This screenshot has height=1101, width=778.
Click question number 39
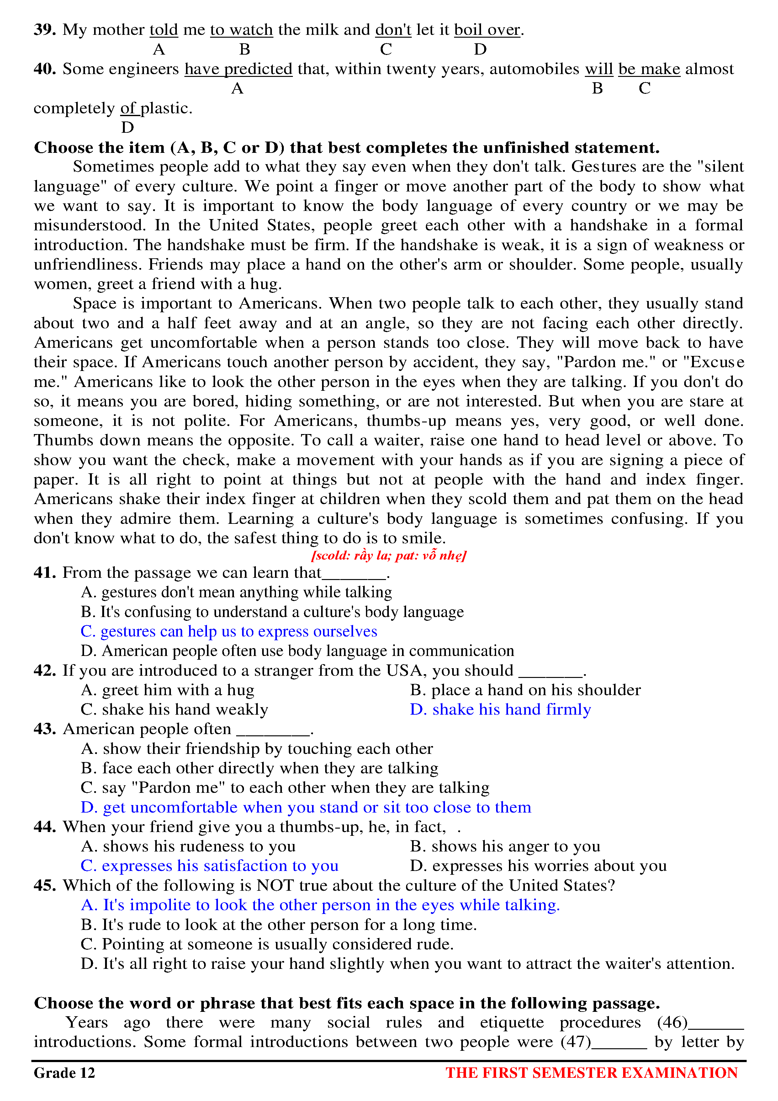44,30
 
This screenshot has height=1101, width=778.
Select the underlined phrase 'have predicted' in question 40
238,69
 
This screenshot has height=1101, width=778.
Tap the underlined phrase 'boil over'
487,30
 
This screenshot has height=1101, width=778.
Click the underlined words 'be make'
649,69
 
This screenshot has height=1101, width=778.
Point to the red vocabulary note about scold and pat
389,555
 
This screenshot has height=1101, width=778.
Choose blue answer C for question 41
229,631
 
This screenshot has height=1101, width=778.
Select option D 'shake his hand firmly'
500,709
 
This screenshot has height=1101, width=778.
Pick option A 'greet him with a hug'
168,690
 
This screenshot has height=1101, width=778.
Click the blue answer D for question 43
306,808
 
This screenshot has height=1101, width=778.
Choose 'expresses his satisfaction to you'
210,866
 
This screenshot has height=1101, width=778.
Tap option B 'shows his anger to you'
505,846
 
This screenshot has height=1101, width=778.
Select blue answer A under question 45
320,905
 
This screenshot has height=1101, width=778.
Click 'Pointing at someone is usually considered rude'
267,944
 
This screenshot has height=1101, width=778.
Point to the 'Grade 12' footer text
64,1073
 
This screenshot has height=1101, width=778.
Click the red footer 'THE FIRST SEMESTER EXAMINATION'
591,1073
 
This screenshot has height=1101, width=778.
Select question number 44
45,827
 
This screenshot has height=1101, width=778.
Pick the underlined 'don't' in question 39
393,30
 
